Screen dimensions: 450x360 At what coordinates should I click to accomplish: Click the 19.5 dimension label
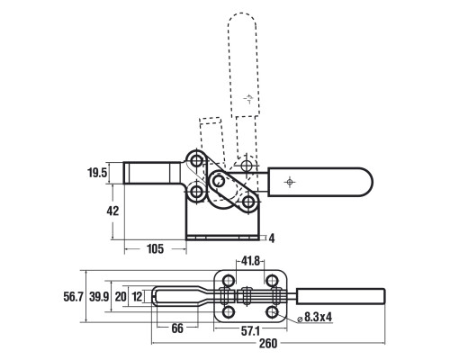point(97,173)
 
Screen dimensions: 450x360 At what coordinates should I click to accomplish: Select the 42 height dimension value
point(112,211)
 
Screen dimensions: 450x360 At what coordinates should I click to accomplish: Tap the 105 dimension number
point(155,248)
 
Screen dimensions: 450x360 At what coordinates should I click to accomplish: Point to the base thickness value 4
point(272,238)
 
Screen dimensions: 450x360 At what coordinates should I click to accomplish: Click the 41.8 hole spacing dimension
point(250,261)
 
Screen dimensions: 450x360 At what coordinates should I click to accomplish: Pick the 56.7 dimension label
point(73,297)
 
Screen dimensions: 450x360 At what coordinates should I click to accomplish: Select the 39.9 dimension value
point(99,297)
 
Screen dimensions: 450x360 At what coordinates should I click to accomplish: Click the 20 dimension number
point(121,297)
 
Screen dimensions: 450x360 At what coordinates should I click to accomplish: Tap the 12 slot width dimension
point(137,297)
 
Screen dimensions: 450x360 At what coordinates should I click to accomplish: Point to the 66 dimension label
point(177,328)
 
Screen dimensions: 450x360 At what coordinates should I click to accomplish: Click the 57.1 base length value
point(250,331)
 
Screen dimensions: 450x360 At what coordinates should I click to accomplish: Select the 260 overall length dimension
point(268,344)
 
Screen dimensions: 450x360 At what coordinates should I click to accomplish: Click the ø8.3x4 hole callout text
point(315,317)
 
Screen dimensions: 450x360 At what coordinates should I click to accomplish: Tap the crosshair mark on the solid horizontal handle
point(290,182)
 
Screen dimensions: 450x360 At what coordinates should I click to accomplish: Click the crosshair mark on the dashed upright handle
point(248,98)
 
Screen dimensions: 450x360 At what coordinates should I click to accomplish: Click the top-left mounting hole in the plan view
point(229,281)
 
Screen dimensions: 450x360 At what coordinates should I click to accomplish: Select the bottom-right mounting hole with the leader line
point(272,312)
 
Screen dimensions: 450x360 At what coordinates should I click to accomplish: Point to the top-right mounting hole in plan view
point(272,281)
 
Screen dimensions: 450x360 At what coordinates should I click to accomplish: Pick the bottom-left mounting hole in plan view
point(229,312)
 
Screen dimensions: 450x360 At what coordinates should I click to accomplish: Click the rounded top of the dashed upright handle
point(242,13)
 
